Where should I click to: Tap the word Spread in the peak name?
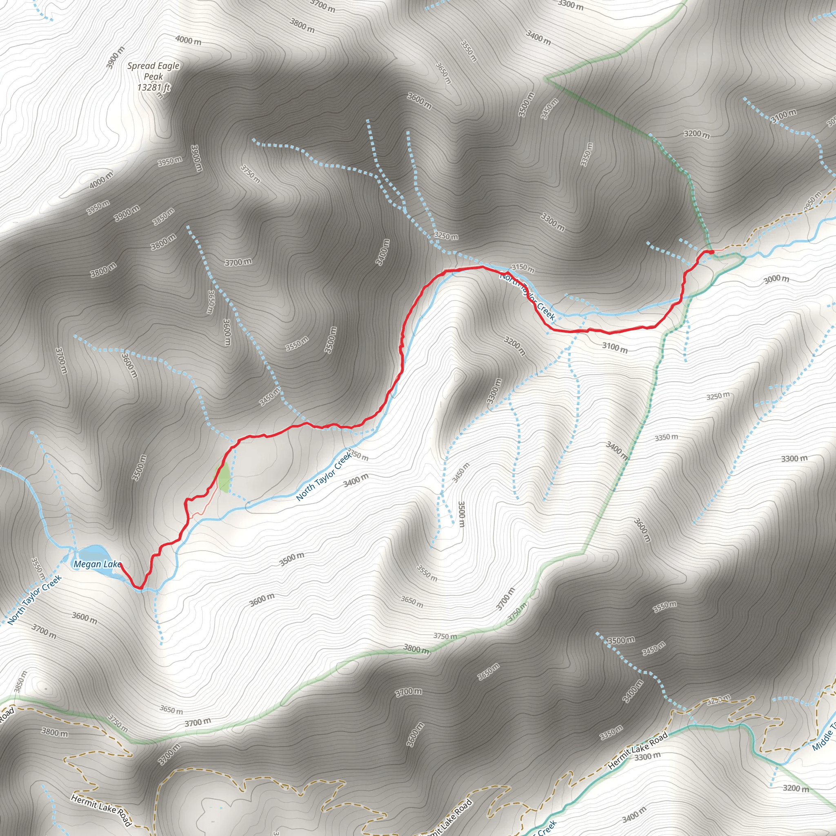[x=141, y=66]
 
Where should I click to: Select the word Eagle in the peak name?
[x=168, y=66]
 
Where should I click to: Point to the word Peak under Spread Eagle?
[x=153, y=77]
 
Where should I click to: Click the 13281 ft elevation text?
[x=153, y=87]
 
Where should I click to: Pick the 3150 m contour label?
[x=523, y=268]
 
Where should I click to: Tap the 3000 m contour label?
[x=776, y=279]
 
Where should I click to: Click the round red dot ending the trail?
[x=711, y=252]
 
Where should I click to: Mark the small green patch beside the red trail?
[x=223, y=477]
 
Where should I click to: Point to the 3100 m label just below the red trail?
[x=614, y=347]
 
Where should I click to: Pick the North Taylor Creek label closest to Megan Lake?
[x=35, y=600]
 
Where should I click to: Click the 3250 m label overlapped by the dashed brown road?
[x=718, y=700]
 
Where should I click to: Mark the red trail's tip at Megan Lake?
[x=120, y=563]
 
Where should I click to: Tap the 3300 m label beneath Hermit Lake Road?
[x=648, y=756]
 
